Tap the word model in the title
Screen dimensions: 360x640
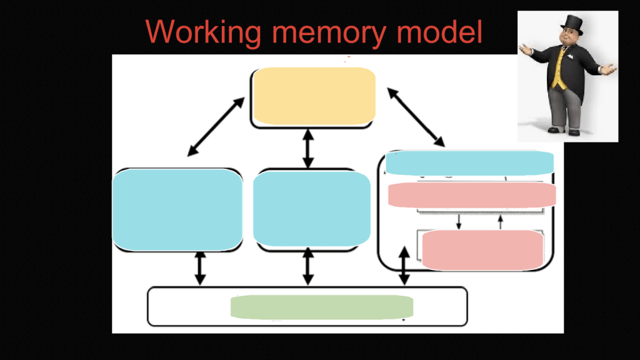pyautogui.click(x=441, y=31)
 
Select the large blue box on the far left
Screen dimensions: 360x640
pyautogui.click(x=177, y=209)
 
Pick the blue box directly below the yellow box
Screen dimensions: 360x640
pyautogui.click(x=311, y=208)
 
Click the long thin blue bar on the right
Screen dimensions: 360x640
pyautogui.click(x=469, y=162)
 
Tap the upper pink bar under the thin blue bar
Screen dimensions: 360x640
pyautogui.click(x=472, y=195)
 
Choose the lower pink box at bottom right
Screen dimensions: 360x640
pyautogui.click(x=482, y=250)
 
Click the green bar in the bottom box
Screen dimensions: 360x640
pyautogui.click(x=322, y=307)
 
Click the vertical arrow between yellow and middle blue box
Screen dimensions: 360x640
pyautogui.click(x=307, y=148)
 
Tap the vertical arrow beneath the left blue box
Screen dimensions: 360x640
pyautogui.click(x=200, y=269)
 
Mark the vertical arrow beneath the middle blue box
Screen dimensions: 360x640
pyautogui.click(x=307, y=267)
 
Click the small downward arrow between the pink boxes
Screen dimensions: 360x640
pyautogui.click(x=459, y=221)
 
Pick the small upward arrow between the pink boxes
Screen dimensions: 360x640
pyautogui.click(x=501, y=221)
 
